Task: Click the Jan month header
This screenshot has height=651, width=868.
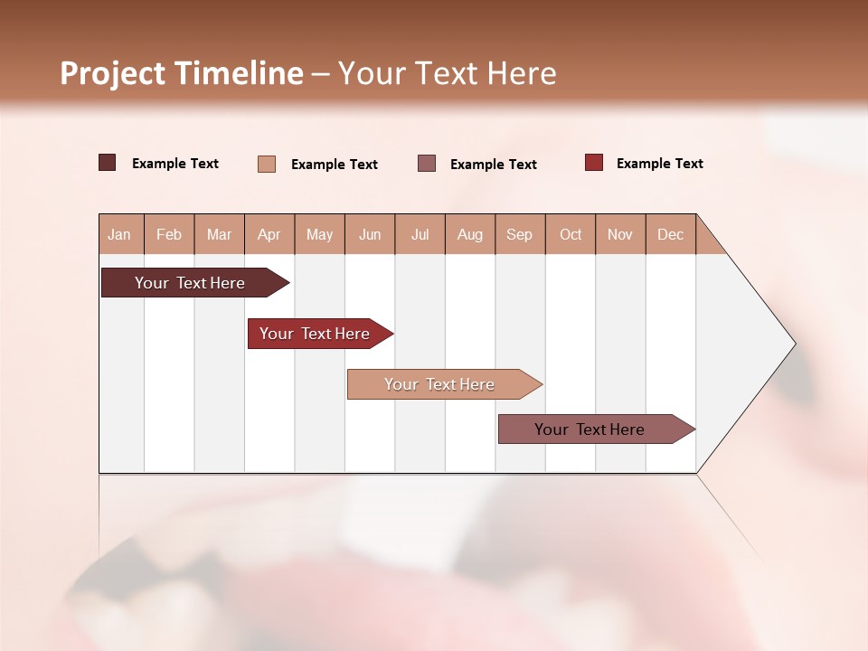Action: coord(119,234)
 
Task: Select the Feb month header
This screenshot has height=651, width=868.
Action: coord(169,234)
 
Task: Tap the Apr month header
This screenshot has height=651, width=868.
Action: coord(269,234)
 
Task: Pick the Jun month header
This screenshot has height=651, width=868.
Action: coord(370,234)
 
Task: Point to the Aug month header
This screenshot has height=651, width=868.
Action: coord(470,234)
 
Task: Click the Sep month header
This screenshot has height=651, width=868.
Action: coord(520,234)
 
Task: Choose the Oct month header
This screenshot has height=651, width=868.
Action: coord(571,234)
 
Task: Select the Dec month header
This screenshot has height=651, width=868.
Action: coord(671,234)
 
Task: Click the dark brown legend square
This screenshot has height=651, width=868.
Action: coord(108,163)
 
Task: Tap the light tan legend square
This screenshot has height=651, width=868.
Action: coord(267,164)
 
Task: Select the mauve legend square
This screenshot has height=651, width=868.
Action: coord(427,163)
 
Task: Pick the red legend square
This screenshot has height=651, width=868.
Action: coord(594,163)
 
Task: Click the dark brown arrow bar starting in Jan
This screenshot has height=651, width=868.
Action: coord(190,283)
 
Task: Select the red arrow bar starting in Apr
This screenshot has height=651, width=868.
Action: coord(315,334)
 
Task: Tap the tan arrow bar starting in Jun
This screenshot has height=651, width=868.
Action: coord(439,384)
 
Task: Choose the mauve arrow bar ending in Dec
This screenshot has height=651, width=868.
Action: coord(590,429)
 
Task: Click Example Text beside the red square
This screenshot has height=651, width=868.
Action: coord(659,164)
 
